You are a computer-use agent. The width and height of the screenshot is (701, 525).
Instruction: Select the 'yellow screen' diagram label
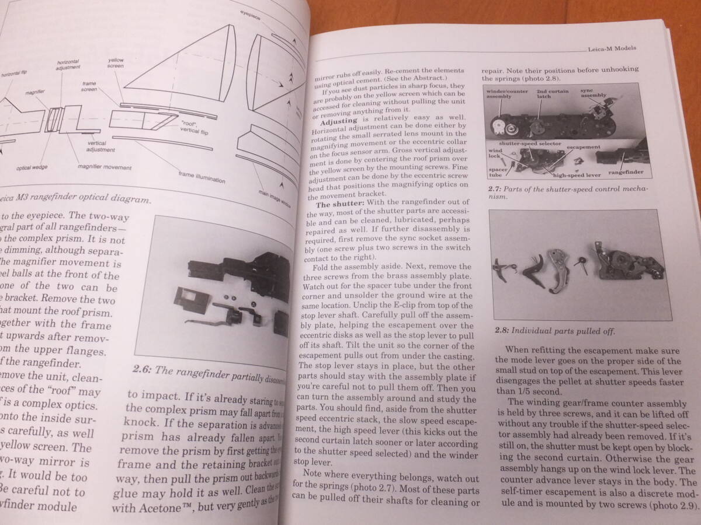(116, 62)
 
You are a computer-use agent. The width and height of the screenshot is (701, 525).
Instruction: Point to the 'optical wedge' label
(32, 168)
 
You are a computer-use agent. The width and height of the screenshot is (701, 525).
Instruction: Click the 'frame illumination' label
(202, 177)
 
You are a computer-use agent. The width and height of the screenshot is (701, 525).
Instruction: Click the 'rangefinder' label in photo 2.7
(626, 171)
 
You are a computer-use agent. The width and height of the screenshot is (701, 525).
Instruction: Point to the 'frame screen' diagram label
(89, 87)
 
